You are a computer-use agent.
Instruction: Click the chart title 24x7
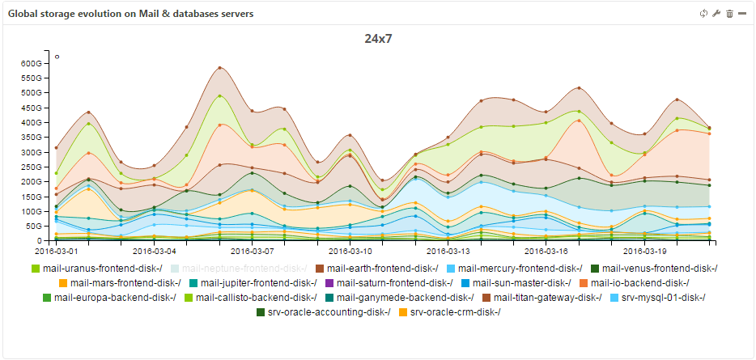[x=378, y=38]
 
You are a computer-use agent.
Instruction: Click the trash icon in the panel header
[x=729, y=14]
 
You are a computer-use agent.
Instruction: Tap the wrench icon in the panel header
[x=716, y=14]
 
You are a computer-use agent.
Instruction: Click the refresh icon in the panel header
[x=703, y=14]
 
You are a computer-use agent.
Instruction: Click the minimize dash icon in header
[x=742, y=14]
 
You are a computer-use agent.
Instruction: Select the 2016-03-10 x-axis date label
[x=350, y=251]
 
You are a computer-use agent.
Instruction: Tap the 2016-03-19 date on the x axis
[x=645, y=251]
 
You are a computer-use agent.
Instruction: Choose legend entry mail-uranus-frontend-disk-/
[x=96, y=268]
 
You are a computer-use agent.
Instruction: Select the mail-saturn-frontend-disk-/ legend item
[x=394, y=282]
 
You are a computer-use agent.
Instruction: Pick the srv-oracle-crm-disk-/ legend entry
[x=455, y=311]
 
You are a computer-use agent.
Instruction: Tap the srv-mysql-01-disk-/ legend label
[x=661, y=297]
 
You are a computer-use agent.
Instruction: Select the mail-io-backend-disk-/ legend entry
[x=639, y=282]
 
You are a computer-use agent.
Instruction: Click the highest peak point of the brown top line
[x=220, y=67]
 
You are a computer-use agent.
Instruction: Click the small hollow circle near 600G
[x=57, y=57]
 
